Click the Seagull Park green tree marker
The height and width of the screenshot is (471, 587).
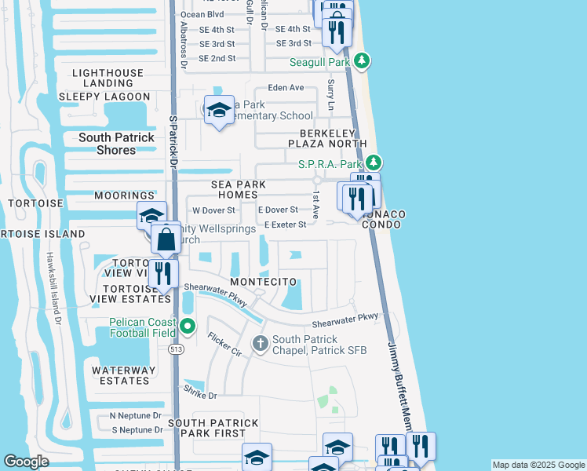(361, 60)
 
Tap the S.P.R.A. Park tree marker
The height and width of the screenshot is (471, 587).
(375, 163)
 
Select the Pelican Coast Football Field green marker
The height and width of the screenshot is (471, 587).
(187, 325)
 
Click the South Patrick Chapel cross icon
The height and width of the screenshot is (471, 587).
(261, 343)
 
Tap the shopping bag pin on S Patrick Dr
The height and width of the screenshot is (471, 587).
(166, 239)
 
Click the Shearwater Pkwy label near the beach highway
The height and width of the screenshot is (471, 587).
(345, 319)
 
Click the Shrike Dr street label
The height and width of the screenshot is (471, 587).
(199, 392)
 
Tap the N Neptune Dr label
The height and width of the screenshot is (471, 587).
(135, 415)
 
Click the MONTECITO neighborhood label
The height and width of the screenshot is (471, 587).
(263, 282)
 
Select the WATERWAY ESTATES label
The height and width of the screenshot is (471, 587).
(120, 375)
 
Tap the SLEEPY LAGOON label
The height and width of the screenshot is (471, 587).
(104, 97)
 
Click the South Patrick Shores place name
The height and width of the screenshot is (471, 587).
(116, 144)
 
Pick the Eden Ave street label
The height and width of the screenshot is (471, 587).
(285, 88)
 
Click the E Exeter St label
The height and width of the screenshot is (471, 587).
(290, 225)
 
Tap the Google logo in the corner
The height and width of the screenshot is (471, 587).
(27, 462)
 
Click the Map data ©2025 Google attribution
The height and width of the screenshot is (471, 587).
(538, 465)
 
